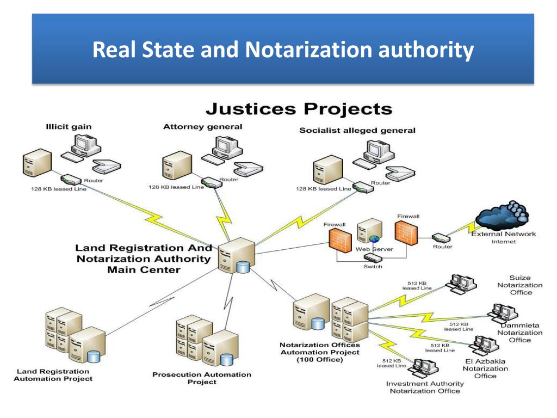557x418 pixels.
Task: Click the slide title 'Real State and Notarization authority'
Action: click(283, 50)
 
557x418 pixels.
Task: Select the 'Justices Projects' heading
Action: click(299, 109)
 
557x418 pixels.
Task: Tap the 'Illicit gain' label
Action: click(69, 127)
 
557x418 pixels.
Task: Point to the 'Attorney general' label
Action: click(202, 127)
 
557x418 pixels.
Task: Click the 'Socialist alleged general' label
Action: click(357, 131)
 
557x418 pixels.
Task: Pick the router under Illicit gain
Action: click(71, 180)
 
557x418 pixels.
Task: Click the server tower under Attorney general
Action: click(177, 165)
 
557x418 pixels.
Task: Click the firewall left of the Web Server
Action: click(341, 240)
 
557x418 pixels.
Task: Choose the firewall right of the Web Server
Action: click(406, 233)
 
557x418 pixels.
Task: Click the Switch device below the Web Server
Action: click(373, 259)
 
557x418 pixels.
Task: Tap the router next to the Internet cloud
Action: click(441, 238)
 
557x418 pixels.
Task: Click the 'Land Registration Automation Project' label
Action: click(53, 375)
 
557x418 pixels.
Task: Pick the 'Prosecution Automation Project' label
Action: click(202, 378)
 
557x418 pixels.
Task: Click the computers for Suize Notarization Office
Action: click(461, 284)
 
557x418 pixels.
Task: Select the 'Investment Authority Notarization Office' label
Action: click(425, 388)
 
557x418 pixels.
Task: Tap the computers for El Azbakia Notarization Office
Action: click(484, 345)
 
